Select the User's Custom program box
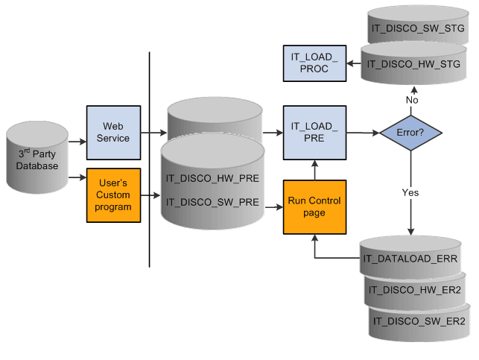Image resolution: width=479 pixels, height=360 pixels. (x=113, y=195)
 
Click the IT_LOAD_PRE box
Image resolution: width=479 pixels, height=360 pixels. (x=314, y=133)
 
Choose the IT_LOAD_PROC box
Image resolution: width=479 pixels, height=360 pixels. (x=314, y=63)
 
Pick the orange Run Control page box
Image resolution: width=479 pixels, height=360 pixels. (x=314, y=206)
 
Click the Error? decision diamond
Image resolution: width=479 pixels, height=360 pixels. (x=410, y=133)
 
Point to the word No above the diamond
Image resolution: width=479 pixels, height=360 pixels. (x=410, y=99)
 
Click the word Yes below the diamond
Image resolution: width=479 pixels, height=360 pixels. (x=410, y=192)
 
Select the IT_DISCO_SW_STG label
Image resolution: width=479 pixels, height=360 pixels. (x=417, y=28)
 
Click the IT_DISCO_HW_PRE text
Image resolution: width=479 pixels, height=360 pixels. (x=213, y=180)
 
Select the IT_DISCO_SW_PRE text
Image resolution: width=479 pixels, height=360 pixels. (x=213, y=201)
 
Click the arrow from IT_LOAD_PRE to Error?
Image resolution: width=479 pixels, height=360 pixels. (x=362, y=133)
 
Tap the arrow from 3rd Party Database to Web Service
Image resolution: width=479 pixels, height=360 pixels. (x=77, y=140)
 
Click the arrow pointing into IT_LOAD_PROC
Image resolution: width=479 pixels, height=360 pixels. (x=354, y=63)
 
